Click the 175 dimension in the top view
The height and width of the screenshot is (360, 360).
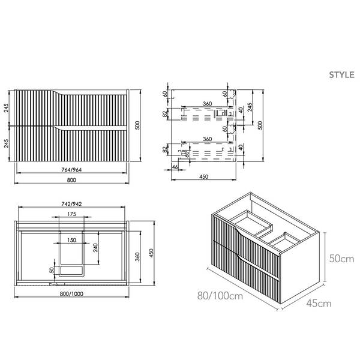(x=71, y=214)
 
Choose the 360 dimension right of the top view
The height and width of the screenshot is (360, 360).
(x=139, y=257)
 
